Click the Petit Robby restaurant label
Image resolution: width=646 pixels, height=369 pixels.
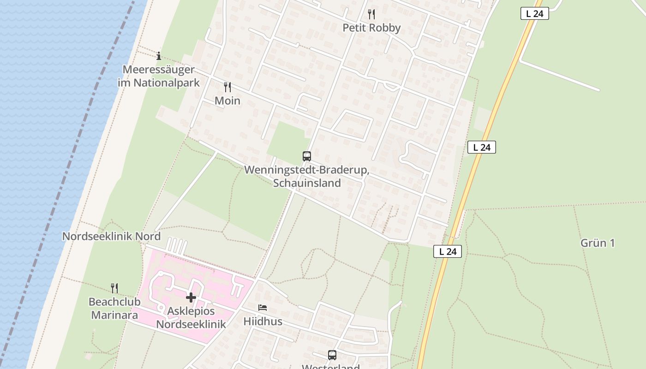[x=371, y=28]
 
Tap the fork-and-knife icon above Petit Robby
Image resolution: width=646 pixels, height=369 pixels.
[x=371, y=14]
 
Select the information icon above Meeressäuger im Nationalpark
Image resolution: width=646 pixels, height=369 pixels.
[x=159, y=56]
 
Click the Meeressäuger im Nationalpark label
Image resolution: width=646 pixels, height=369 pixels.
[x=159, y=77]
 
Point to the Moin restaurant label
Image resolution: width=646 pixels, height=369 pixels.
[x=227, y=101]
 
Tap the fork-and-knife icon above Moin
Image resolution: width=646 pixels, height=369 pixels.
[x=227, y=87]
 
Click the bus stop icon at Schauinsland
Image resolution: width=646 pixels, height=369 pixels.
[x=307, y=156]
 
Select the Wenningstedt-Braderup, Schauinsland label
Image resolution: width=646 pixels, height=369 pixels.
[x=307, y=176]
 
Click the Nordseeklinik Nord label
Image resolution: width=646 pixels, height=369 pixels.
[x=111, y=237]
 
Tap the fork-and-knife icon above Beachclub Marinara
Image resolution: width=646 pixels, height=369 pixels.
[x=114, y=288]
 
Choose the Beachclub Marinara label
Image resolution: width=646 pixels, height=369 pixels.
[x=114, y=309]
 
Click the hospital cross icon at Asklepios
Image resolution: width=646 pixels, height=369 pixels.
[x=191, y=298]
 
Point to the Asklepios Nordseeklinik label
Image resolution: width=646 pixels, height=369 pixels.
[x=191, y=317]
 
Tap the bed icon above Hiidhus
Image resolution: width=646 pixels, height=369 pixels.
[x=263, y=307]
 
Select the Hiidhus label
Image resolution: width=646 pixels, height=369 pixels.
[x=263, y=321]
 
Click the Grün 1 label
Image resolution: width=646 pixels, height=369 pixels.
[x=598, y=243]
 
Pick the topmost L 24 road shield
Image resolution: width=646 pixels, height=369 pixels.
[x=535, y=14]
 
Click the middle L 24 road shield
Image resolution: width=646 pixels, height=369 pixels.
[x=482, y=148]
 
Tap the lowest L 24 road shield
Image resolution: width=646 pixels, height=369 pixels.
[x=448, y=252]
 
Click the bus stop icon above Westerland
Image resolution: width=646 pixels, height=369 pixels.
[x=332, y=355]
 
